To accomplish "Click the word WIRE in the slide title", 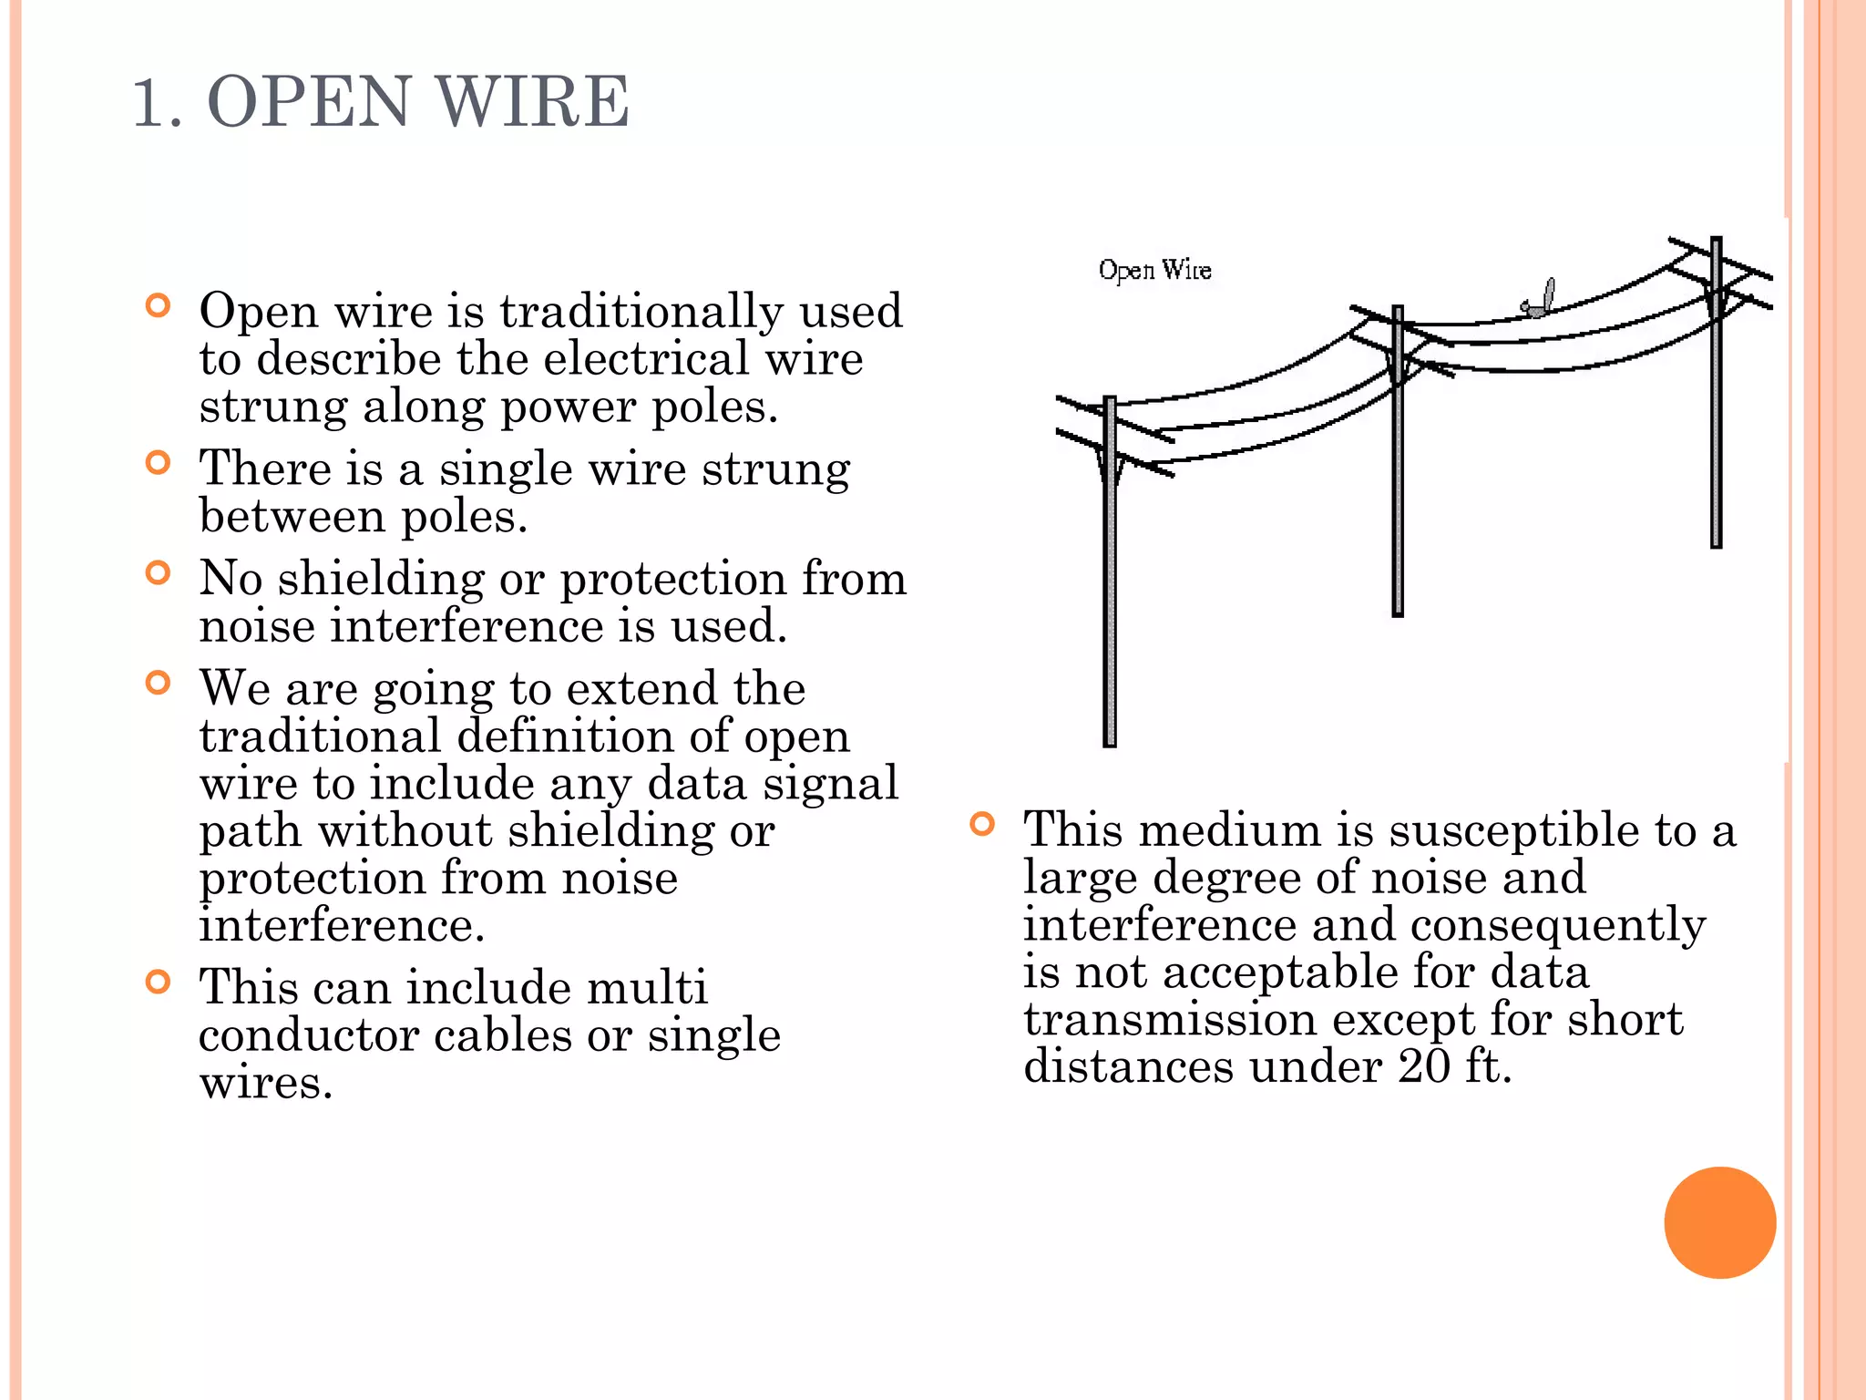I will pyautogui.click(x=534, y=101).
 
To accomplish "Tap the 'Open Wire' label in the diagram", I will pyautogui.click(x=1154, y=270).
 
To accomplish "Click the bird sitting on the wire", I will pyautogui.click(x=1539, y=301).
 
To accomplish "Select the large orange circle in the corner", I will pyautogui.click(x=1719, y=1222).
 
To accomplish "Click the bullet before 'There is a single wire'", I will pyautogui.click(x=159, y=463).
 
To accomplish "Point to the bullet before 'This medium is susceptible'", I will pyautogui.click(x=981, y=825).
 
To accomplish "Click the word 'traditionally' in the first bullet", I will pyautogui.click(x=641, y=312).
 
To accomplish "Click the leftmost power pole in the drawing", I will pyautogui.click(x=1110, y=592).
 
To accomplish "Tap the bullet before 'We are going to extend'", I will pyautogui.click(x=159, y=683).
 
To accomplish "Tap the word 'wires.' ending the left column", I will pyautogui.click(x=266, y=1083).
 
